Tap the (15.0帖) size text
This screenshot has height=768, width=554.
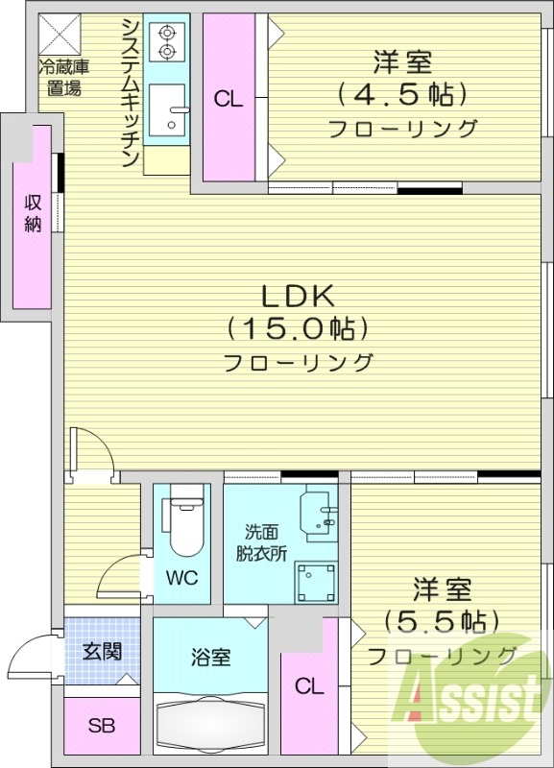[299, 329]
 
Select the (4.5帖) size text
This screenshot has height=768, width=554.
[402, 95]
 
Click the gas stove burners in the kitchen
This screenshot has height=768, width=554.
[167, 41]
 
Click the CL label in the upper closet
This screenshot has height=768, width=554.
[228, 98]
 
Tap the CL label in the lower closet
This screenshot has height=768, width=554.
[309, 685]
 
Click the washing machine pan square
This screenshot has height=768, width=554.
[316, 582]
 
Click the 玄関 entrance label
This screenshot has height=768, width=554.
[101, 652]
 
